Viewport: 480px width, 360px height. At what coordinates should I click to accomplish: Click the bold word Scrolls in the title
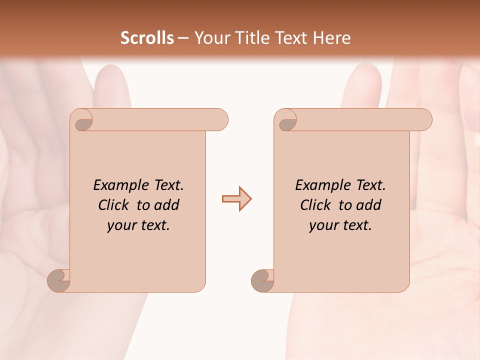pos(147,38)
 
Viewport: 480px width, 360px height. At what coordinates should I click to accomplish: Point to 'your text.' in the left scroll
pos(138,225)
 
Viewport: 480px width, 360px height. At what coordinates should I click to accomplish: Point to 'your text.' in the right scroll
pos(340,225)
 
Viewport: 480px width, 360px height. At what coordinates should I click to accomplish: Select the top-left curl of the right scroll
pos(287,121)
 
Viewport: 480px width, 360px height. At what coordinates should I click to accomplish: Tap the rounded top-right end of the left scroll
pos(220,120)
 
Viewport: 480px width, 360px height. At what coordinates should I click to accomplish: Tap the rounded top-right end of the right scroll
pos(424,120)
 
